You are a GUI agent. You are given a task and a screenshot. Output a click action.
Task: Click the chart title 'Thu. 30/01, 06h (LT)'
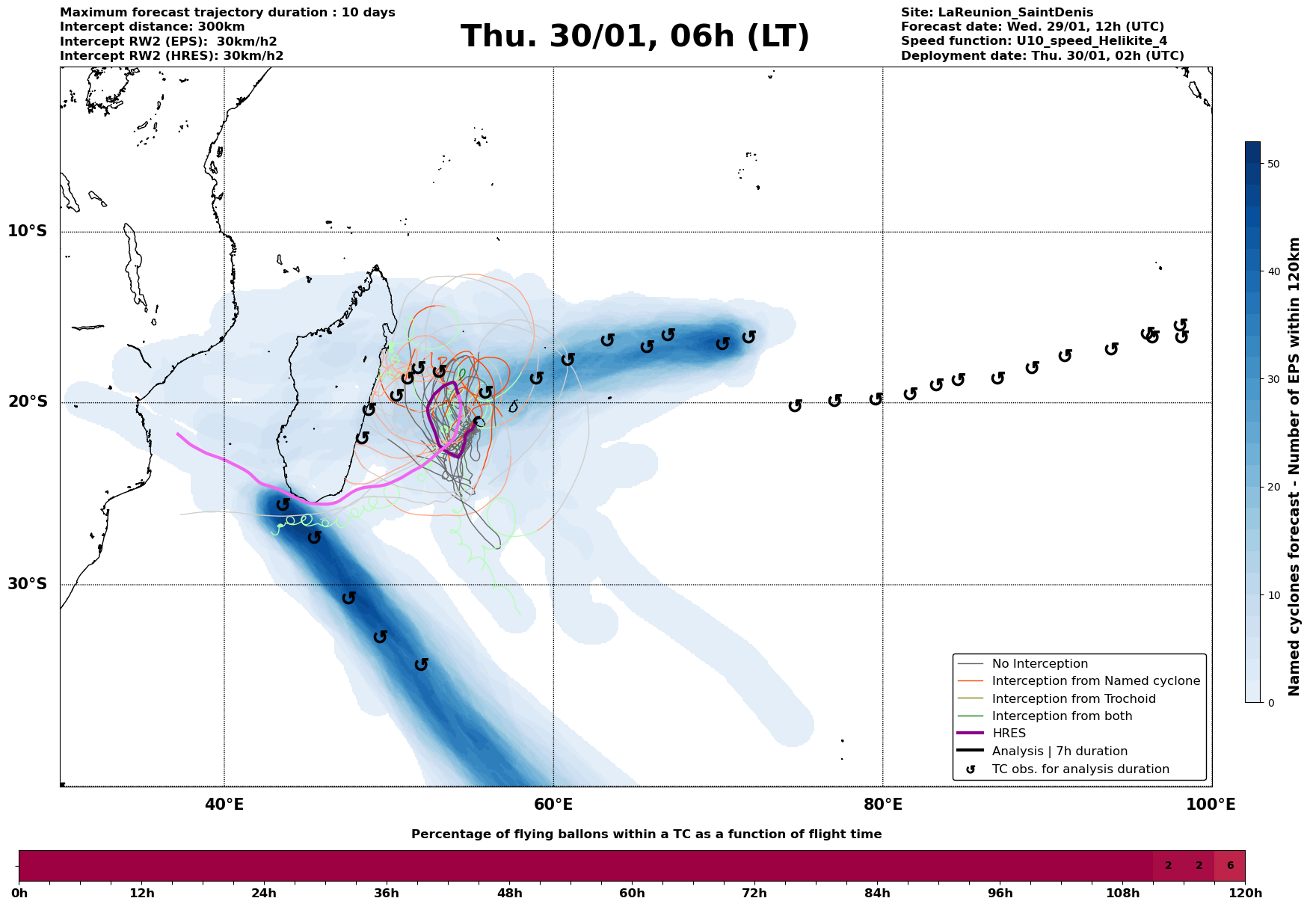coord(635,37)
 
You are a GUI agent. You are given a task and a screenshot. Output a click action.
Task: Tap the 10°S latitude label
coord(28,231)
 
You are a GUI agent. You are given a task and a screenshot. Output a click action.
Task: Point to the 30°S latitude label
coord(28,584)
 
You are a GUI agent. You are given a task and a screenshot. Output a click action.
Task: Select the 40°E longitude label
coord(224,805)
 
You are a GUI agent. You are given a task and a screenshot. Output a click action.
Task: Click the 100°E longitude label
coord(1211,805)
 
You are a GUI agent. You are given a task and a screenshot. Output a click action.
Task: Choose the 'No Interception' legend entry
coord(1039,664)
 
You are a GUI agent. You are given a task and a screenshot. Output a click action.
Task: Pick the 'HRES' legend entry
coord(1009,734)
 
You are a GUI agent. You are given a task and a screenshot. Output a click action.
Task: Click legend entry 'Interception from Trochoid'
coord(1074,699)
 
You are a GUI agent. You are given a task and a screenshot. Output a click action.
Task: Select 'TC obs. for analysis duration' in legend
coord(1080,769)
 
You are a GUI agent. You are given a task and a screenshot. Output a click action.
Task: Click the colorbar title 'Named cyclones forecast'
coord(1294,467)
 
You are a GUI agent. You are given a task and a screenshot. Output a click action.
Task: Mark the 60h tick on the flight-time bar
coord(632,893)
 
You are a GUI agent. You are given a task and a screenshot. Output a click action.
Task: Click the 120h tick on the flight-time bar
coord(1244,893)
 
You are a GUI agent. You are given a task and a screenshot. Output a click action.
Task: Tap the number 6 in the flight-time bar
coord(1230,866)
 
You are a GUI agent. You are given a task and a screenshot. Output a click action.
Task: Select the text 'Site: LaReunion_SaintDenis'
coord(997,13)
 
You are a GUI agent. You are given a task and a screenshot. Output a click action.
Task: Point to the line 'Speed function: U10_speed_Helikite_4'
coord(1034,41)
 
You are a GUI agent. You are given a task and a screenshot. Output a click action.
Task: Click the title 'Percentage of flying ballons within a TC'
coord(646,834)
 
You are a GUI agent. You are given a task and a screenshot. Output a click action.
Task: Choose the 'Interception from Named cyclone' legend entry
coord(1095,681)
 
